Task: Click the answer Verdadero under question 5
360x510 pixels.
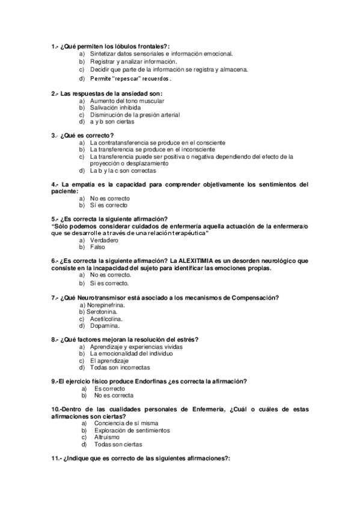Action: (x=104, y=239)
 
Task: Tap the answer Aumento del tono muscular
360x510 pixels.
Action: (x=127, y=100)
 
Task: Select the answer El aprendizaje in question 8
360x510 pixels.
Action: (x=110, y=360)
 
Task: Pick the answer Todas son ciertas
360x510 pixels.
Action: (x=118, y=444)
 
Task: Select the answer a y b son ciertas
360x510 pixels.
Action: (x=112, y=122)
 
